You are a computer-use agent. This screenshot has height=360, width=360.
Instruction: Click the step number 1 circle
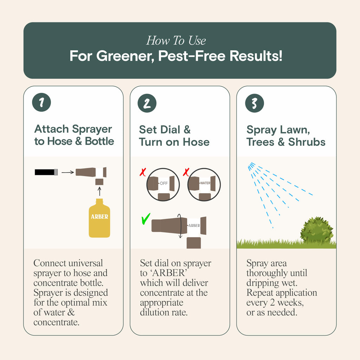41,102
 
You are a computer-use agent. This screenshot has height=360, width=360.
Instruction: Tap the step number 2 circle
147,103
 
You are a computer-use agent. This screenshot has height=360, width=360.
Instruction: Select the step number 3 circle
255,103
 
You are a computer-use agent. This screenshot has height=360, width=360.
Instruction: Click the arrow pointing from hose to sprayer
68,172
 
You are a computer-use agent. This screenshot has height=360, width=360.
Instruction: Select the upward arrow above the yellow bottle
99,191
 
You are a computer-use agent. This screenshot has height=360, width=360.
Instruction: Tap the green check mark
146,219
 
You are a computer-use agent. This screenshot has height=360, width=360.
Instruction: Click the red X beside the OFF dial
143,172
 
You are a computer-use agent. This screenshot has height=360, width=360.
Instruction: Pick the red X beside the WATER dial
186,172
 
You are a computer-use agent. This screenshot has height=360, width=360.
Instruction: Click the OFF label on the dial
164,184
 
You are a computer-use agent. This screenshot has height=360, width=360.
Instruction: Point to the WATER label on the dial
205,183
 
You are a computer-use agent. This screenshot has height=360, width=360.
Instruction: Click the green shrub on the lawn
317,230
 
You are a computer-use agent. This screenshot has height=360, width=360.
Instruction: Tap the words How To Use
176,41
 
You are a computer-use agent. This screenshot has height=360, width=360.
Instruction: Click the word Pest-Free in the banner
192,56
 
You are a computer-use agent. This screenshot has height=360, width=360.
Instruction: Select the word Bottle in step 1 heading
99,141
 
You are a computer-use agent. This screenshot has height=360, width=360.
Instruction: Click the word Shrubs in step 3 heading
307,142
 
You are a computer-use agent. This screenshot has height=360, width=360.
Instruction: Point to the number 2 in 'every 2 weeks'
272,302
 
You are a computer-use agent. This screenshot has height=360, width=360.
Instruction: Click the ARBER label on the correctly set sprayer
194,225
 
